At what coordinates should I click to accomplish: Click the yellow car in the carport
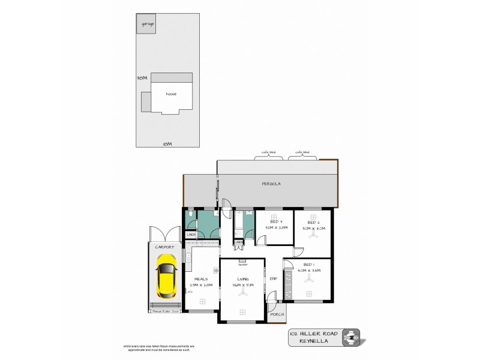click(x=164, y=277)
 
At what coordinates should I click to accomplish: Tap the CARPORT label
click(x=164, y=247)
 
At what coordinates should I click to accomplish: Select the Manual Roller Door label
click(x=164, y=312)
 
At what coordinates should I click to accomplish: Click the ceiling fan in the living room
click(x=242, y=311)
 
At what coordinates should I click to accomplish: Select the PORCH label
click(x=277, y=315)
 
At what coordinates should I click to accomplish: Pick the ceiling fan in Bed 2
click(x=313, y=235)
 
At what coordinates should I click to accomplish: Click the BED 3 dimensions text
click(x=273, y=228)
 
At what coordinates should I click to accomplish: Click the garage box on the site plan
click(x=146, y=25)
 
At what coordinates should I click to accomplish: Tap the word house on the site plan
click(x=171, y=94)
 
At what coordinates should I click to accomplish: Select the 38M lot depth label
click(x=142, y=78)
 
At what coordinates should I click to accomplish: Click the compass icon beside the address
click(x=351, y=338)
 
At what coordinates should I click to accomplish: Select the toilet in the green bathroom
click(x=190, y=214)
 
